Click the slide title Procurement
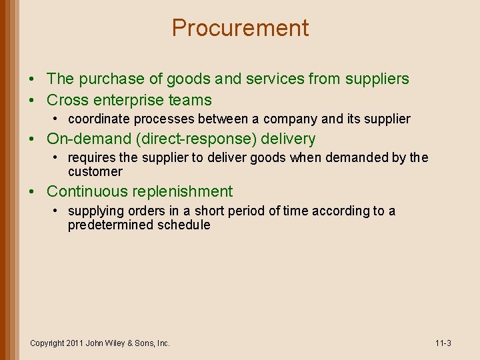point(240,28)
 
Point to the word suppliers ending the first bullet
point(376,79)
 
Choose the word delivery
point(288,139)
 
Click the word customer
point(95,171)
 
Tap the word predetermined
point(111,225)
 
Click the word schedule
point(183,225)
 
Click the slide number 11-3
point(443,343)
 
